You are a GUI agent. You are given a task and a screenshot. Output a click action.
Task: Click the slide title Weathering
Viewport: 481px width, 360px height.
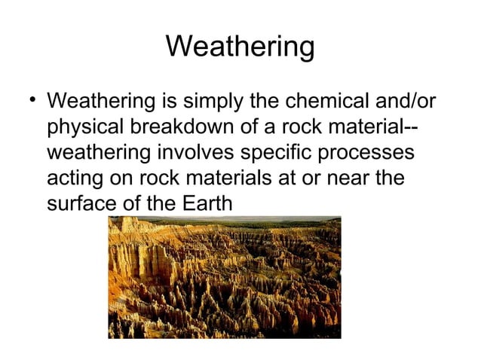[240, 47]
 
